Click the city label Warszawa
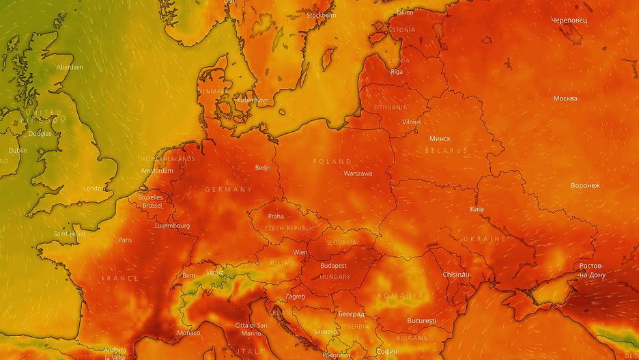358,174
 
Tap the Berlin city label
263,167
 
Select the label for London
94,188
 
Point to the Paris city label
125,240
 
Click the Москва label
565,98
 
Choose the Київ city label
477,208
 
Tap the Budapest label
333,265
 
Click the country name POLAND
332,161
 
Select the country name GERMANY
229,189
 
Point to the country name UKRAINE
485,239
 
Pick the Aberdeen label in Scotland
70,67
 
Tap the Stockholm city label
321,15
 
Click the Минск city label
440,139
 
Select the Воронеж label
585,185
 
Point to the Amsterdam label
156,171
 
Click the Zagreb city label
295,296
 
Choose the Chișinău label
457,274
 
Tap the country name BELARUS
446,150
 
